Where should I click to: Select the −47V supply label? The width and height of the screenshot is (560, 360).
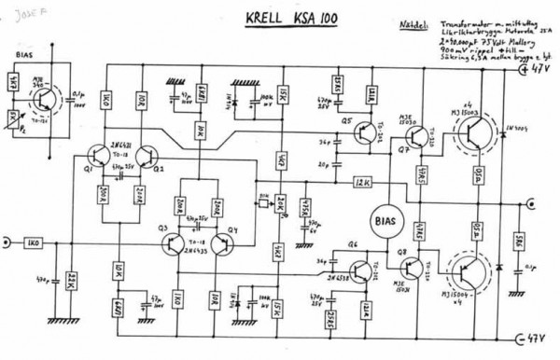(538, 337)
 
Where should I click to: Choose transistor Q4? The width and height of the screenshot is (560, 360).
(223, 245)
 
